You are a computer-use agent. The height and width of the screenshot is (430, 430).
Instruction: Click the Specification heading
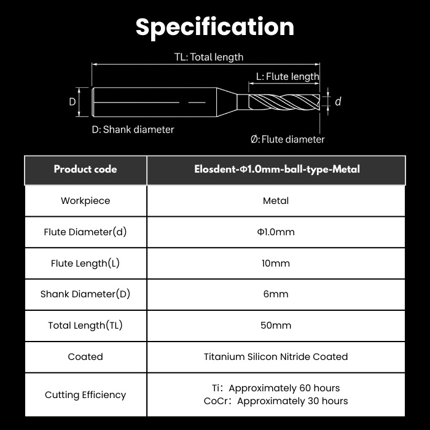(215, 27)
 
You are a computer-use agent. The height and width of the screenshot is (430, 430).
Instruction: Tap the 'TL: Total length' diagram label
(209, 57)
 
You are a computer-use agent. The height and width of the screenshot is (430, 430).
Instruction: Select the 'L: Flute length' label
(287, 77)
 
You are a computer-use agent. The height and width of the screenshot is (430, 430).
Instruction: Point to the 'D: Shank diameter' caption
(133, 130)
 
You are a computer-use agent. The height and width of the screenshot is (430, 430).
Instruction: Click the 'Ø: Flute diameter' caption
(287, 139)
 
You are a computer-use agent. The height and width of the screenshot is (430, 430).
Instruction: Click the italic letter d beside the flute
(338, 101)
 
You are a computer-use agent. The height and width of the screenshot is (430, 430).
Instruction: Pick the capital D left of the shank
(72, 102)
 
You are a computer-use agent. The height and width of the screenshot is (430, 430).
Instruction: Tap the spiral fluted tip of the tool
(284, 102)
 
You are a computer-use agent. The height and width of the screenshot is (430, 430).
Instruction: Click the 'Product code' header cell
(85, 169)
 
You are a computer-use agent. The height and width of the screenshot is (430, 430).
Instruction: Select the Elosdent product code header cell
(277, 169)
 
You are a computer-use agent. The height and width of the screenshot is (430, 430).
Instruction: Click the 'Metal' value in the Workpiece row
(276, 201)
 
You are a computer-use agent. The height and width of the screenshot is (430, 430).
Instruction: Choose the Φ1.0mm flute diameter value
(276, 232)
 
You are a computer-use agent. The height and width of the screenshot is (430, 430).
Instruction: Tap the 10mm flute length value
(276, 264)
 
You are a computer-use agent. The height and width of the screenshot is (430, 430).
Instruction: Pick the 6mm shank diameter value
(276, 294)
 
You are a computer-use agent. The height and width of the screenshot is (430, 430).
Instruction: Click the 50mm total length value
(276, 326)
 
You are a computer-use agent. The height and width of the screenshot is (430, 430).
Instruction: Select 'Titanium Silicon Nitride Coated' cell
(276, 357)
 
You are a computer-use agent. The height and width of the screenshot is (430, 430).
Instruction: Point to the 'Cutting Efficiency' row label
(85, 395)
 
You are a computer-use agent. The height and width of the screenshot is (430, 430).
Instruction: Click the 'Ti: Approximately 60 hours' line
(276, 388)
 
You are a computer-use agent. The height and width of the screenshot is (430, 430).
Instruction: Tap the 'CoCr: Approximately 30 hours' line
(276, 401)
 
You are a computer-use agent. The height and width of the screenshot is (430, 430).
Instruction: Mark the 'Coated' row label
(85, 357)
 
